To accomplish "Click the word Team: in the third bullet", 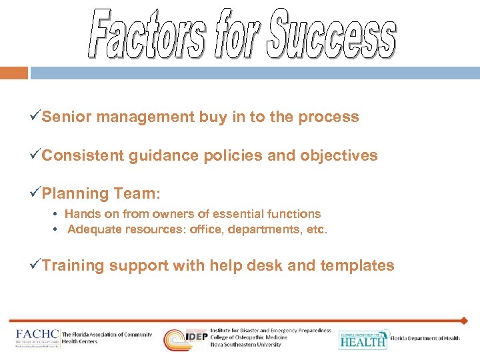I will (137, 194).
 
